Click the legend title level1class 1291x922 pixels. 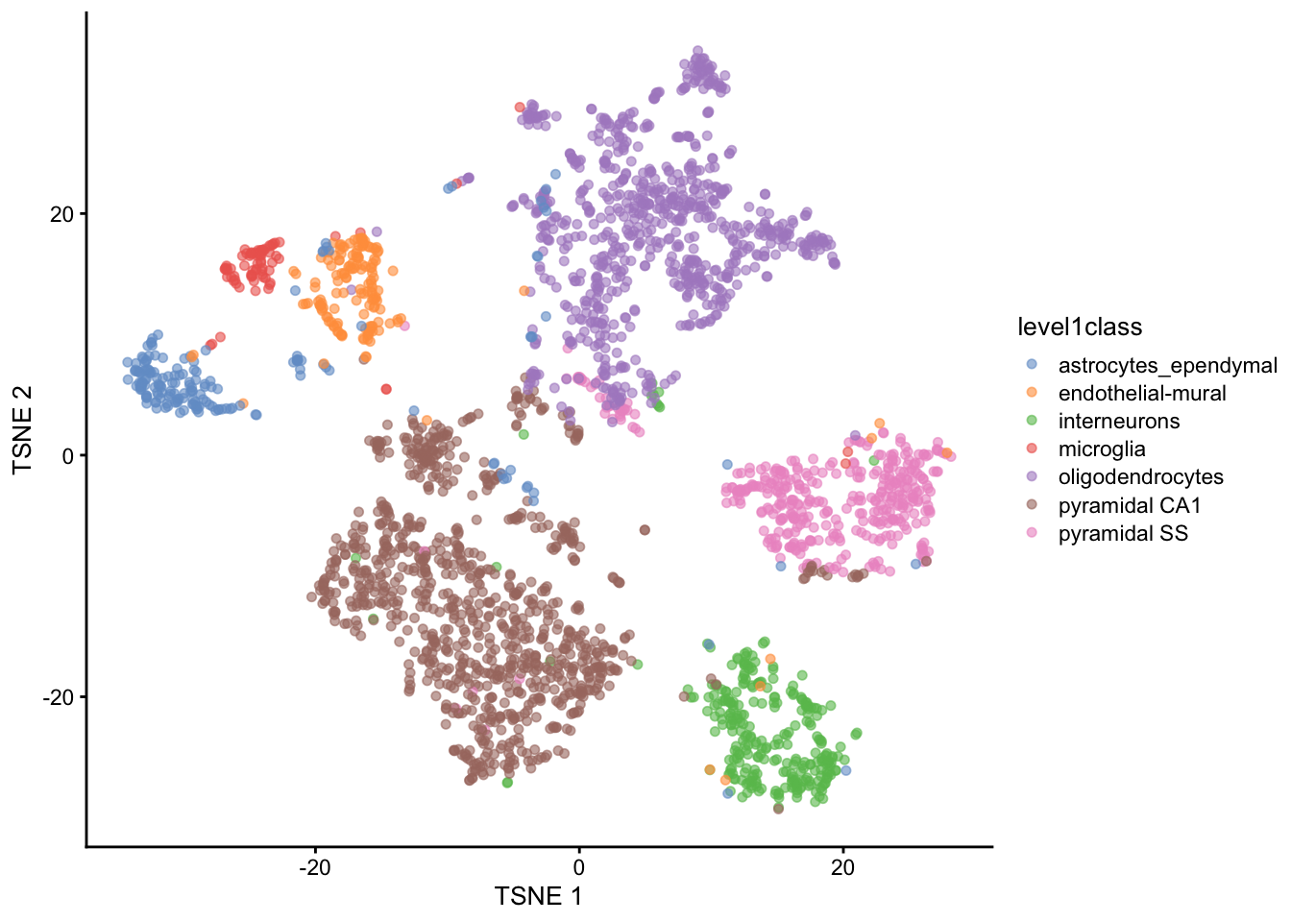pyautogui.click(x=1080, y=328)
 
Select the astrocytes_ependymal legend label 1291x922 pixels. pyautogui.click(x=1167, y=365)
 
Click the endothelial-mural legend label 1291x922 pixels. pyautogui.click(x=1142, y=393)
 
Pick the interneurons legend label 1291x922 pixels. pyautogui.click(x=1118, y=421)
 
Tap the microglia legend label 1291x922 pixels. pyautogui.click(x=1102, y=449)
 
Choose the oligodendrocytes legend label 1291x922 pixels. pyautogui.click(x=1140, y=477)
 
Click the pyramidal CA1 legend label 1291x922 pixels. pyautogui.click(x=1130, y=505)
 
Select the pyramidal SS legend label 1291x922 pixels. pyautogui.click(x=1123, y=533)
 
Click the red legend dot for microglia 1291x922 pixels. pyautogui.click(x=1032, y=449)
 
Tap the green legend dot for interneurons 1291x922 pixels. pyautogui.click(x=1032, y=421)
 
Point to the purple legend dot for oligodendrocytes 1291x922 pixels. pyautogui.click(x=1032, y=477)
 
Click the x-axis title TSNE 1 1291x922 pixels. pyautogui.click(x=538, y=896)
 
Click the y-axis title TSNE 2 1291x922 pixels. pyautogui.click(x=23, y=429)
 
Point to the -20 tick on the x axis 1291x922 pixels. pyautogui.click(x=314, y=867)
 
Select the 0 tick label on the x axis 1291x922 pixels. pyautogui.click(x=578, y=867)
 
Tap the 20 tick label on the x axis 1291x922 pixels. pyautogui.click(x=842, y=867)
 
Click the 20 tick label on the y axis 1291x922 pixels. pyautogui.click(x=61, y=213)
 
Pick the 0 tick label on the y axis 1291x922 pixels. pyautogui.click(x=67, y=455)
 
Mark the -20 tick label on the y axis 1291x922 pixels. pyautogui.click(x=58, y=697)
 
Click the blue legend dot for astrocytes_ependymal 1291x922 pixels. pyautogui.click(x=1032, y=365)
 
